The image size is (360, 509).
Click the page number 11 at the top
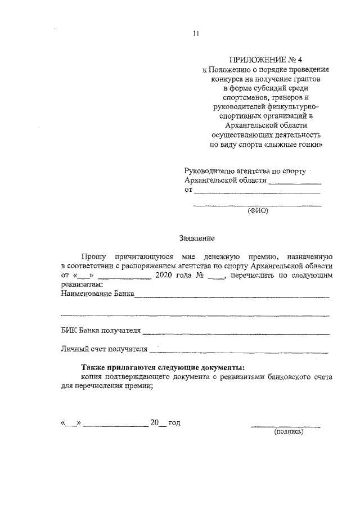click(196, 33)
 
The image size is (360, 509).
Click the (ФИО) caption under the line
click(258, 211)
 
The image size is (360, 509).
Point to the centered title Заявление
click(197, 238)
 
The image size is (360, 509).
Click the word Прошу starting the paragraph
click(92, 255)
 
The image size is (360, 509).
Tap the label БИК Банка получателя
click(101, 331)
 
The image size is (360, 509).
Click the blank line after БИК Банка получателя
click(236, 334)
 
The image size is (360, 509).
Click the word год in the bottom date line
click(174, 422)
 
